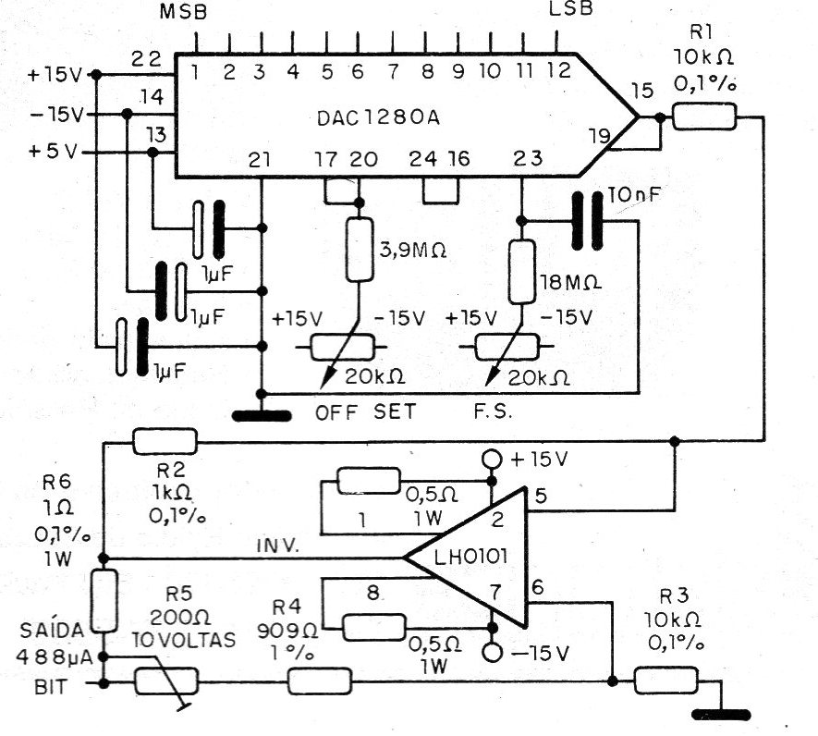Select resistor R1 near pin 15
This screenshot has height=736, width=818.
pos(704,117)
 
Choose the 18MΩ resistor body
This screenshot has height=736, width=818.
pos(521,270)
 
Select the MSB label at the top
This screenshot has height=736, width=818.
pos(184,12)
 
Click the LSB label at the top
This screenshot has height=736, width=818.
pos(569,9)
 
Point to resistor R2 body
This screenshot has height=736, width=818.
pos(165,442)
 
